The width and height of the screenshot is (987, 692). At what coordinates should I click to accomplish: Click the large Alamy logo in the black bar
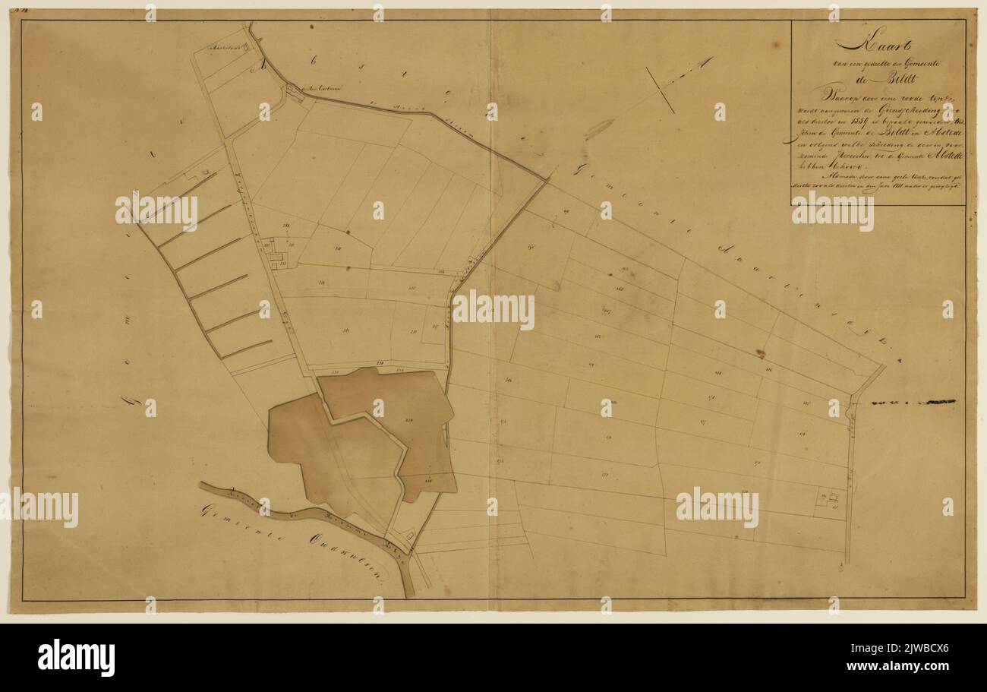pyautogui.click(x=77, y=658)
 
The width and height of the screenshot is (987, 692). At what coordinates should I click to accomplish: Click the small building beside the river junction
pyautogui.click(x=411, y=535)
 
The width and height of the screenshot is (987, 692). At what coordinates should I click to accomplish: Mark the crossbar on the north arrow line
pyautogui.click(x=660, y=90)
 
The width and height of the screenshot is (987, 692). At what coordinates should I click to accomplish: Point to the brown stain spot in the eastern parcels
pyautogui.click(x=759, y=353)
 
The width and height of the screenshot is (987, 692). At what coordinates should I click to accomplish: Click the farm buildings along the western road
pyautogui.click(x=275, y=254)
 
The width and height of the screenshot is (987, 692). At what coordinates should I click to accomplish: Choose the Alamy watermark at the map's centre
pyautogui.click(x=493, y=310)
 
